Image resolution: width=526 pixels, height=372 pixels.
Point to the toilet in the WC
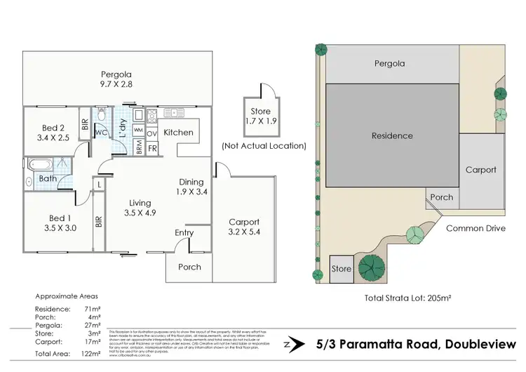click(102, 114)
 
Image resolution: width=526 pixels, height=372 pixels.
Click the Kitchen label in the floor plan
click(178, 132)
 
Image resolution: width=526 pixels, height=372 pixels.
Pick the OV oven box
click(152, 133)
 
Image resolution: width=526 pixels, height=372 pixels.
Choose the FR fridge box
click(152, 149)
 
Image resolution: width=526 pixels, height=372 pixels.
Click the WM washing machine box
click(138, 131)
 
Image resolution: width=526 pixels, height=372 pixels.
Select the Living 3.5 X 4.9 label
click(140, 208)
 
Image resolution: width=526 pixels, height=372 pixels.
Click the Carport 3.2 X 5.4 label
click(244, 227)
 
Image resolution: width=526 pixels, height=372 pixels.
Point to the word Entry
click(184, 232)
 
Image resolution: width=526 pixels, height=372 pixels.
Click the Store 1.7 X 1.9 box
click(260, 115)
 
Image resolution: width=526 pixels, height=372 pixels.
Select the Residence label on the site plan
click(392, 135)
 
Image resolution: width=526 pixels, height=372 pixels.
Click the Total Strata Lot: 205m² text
click(407, 298)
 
